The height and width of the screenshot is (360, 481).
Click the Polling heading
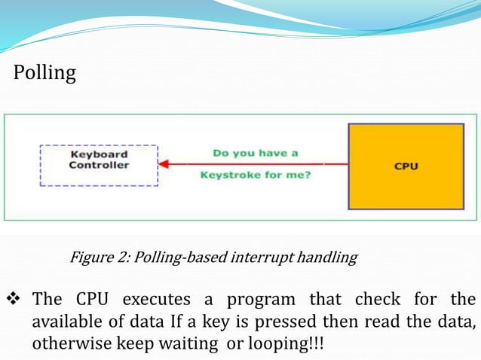(x=45, y=73)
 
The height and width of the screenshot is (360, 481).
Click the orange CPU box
(x=406, y=166)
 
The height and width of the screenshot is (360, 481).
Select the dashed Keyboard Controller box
(x=99, y=165)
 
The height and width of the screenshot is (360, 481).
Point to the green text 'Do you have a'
(x=256, y=152)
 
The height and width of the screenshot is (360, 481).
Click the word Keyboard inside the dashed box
(x=99, y=155)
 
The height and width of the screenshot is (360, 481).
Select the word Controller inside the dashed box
(x=99, y=165)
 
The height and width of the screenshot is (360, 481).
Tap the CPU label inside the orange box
(x=406, y=166)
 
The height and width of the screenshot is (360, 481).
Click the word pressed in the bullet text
(x=290, y=322)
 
